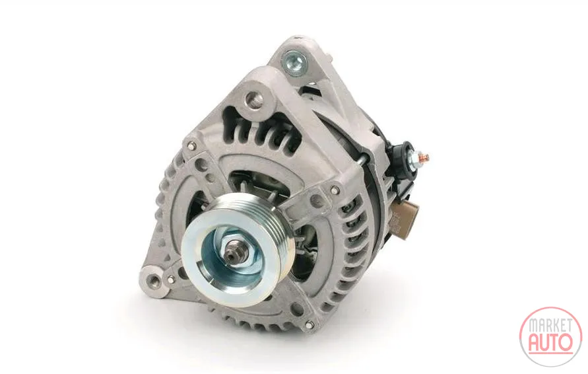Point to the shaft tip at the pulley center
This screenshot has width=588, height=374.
click(231, 256)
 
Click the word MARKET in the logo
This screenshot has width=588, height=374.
click(550, 326)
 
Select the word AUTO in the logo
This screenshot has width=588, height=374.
click(550, 342)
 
